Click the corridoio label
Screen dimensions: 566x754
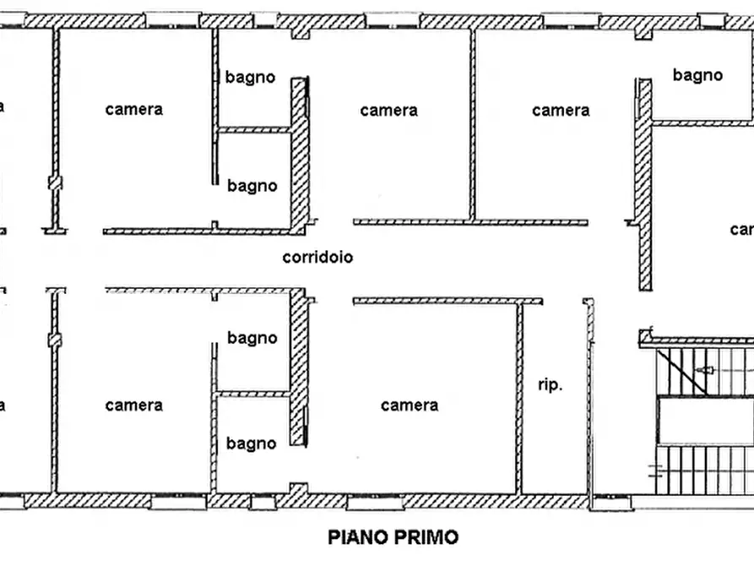click(317, 258)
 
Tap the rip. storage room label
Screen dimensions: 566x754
click(550, 385)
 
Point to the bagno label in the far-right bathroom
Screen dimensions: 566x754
click(697, 75)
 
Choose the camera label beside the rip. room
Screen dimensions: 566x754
click(410, 405)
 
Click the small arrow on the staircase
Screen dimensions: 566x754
click(705, 370)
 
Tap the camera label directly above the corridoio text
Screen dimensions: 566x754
click(388, 111)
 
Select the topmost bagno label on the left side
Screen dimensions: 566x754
click(250, 77)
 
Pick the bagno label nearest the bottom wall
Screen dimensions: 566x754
click(251, 444)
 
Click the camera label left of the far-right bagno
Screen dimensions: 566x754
click(561, 111)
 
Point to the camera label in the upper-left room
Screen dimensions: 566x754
click(134, 110)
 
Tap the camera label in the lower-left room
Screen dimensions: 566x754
click(134, 405)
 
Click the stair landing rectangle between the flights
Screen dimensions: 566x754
click(705, 421)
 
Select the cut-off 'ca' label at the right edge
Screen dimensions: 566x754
click(740, 230)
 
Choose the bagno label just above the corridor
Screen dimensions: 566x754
click(252, 186)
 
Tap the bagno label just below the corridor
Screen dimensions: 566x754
click(252, 338)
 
